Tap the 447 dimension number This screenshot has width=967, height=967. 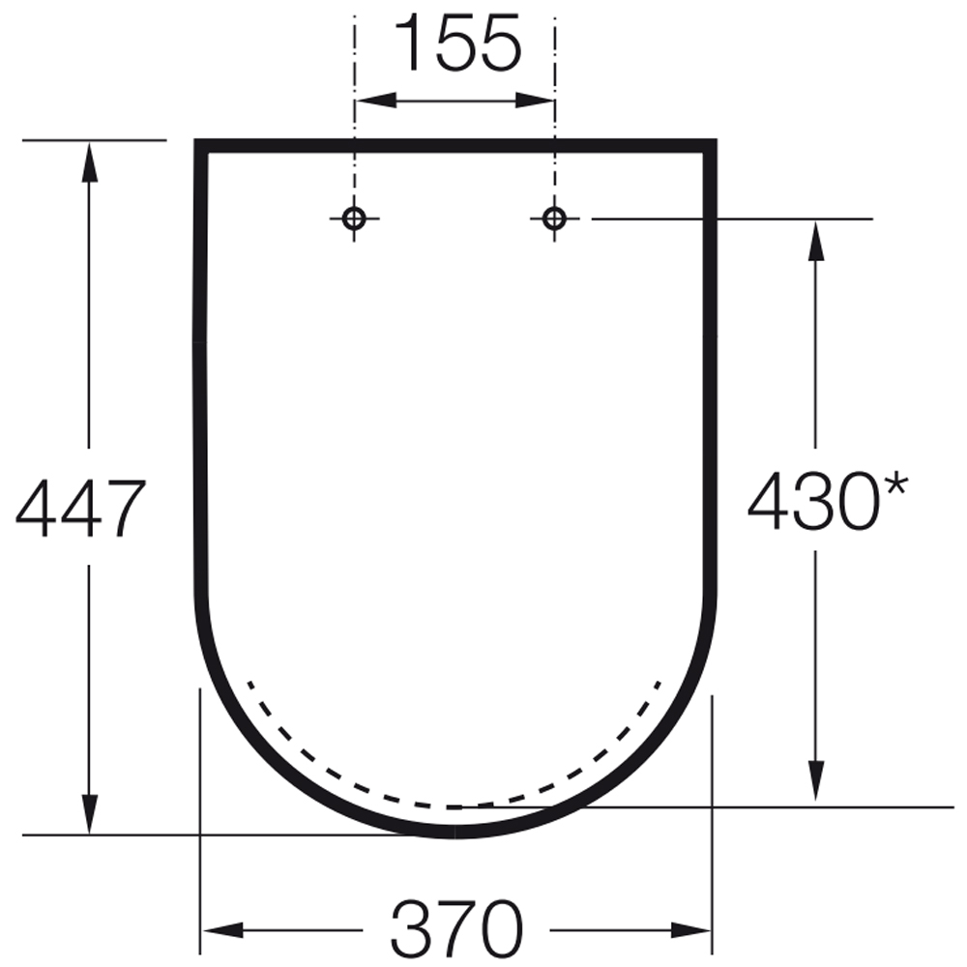point(81,508)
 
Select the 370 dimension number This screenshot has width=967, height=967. point(457,928)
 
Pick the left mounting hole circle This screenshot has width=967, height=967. point(354,218)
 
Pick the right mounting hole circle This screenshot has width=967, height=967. point(554,218)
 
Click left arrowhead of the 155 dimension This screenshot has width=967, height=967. point(376,101)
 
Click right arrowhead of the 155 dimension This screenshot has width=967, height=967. point(535,101)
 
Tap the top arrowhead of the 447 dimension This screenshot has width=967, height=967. point(89,161)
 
